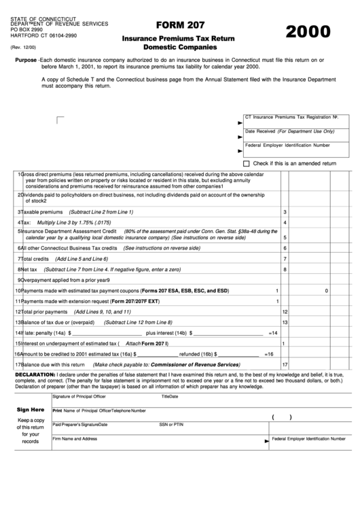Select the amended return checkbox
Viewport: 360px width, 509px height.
pyautogui.click(x=247, y=164)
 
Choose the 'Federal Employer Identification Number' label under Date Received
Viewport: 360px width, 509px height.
pyautogui.click(x=287, y=145)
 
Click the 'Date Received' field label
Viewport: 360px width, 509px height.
pyautogui.click(x=261, y=131)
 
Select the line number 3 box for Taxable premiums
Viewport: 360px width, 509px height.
pyautogui.click(x=285, y=212)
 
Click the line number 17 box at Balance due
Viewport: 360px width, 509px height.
pyautogui.click(x=285, y=365)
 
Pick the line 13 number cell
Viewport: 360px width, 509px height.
pyautogui.click(x=285, y=322)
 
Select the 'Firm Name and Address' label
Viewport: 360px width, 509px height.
pyautogui.click(x=75, y=439)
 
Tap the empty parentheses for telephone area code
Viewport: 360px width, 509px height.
pyautogui.click(x=281, y=418)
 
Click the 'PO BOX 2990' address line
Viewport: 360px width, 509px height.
pyautogui.click(x=27, y=30)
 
